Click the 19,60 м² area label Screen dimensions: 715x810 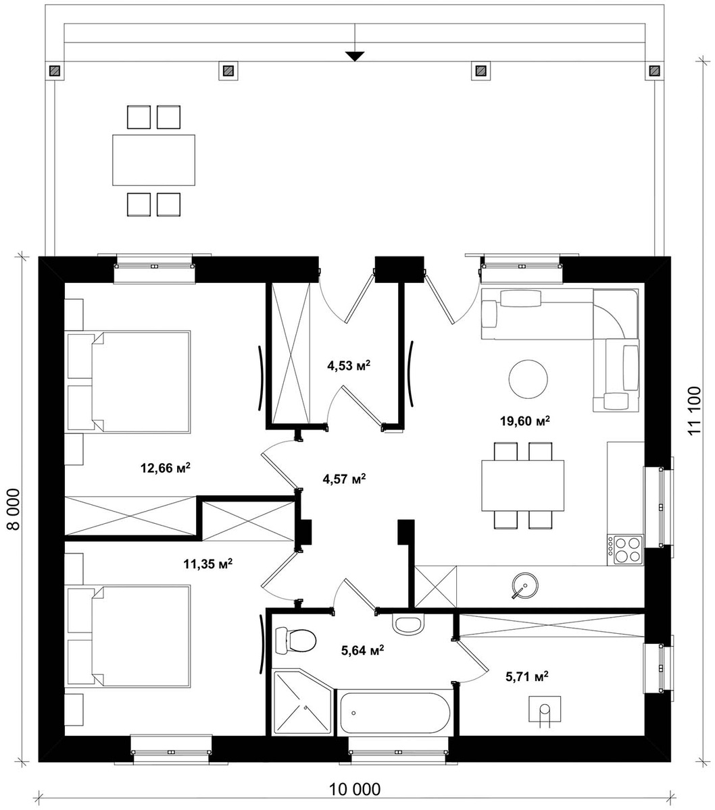[x=524, y=421]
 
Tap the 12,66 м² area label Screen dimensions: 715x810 [x=165, y=467]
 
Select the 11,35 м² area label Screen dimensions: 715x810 [x=207, y=564]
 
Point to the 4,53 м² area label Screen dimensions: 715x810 [x=348, y=365]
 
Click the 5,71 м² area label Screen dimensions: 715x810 [x=527, y=676]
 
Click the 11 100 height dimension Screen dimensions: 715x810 [x=695, y=410]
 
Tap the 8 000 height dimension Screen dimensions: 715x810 [x=13, y=509]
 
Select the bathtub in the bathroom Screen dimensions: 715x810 [x=394, y=713]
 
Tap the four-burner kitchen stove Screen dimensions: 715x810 [x=625, y=549]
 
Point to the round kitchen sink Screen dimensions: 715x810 [x=525, y=586]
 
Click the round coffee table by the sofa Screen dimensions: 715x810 [x=528, y=379]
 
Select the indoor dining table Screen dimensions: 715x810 [x=523, y=486]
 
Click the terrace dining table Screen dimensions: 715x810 [x=153, y=160]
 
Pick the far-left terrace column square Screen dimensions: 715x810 [x=55, y=71]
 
